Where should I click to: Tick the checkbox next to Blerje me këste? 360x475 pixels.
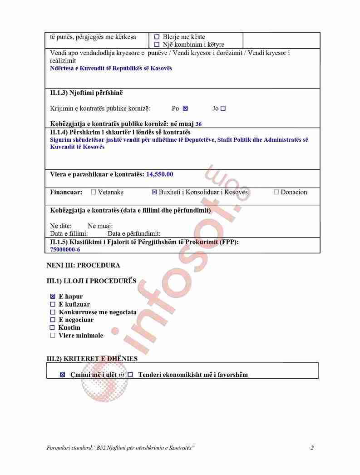coord(157,37)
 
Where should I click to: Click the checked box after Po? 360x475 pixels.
coord(185,109)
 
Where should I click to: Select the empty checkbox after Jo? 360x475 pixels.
coord(223,109)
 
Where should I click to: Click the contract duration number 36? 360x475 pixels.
coord(198,124)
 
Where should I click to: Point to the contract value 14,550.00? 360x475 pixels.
coord(159,174)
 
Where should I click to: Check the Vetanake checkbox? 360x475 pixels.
coord(94,192)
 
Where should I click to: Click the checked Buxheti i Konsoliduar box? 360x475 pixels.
coord(154,192)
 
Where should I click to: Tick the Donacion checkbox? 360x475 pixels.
coord(276,192)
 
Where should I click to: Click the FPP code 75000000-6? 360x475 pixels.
coord(65,249)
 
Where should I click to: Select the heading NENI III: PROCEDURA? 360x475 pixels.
coord(83,265)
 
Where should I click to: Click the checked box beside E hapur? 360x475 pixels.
coord(53,297)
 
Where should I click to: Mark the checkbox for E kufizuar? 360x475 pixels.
coord(53,304)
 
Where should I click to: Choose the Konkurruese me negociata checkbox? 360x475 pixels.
coord(53,312)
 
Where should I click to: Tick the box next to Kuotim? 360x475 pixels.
coord(52,327)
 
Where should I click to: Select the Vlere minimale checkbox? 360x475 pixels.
coord(53,336)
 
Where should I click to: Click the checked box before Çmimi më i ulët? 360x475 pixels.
coord(63,375)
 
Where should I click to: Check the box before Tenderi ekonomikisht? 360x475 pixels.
coord(130,375)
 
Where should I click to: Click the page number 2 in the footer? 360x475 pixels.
coord(312,448)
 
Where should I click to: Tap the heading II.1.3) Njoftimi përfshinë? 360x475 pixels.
coord(86,93)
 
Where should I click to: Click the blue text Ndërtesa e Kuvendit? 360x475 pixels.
coord(111,69)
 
